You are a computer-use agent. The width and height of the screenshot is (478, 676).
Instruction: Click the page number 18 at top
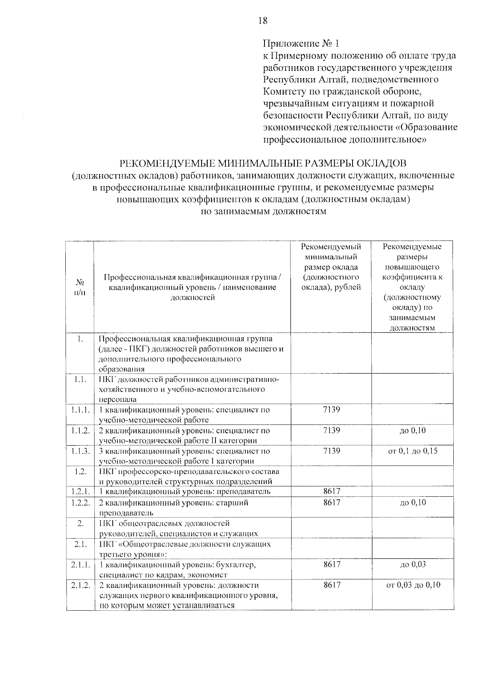pyautogui.click(x=263, y=21)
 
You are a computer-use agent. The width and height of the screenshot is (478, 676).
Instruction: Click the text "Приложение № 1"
pyautogui.click(x=302, y=43)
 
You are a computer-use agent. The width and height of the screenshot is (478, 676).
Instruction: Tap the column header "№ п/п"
pyautogui.click(x=80, y=287)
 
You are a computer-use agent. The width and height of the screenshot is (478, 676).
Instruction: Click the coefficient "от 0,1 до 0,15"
pyautogui.click(x=413, y=451)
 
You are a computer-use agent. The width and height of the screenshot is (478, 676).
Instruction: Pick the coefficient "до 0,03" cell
pyautogui.click(x=413, y=564)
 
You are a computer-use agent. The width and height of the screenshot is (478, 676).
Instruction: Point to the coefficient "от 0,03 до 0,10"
pyautogui.click(x=413, y=585)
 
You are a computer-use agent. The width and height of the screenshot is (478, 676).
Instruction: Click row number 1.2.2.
pyautogui.click(x=80, y=503)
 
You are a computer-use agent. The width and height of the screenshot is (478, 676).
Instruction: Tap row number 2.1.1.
pyautogui.click(x=80, y=565)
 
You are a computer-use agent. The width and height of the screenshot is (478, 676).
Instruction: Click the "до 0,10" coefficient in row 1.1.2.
pyautogui.click(x=413, y=431)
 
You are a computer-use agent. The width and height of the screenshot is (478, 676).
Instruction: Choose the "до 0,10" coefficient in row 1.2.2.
pyautogui.click(x=413, y=503)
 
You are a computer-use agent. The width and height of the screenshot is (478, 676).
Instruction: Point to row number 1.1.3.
pyautogui.click(x=80, y=451)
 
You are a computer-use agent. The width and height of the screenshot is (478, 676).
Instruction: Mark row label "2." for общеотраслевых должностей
pyautogui.click(x=80, y=523)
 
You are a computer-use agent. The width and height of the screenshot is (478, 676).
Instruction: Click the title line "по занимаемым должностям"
pyautogui.click(x=263, y=212)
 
